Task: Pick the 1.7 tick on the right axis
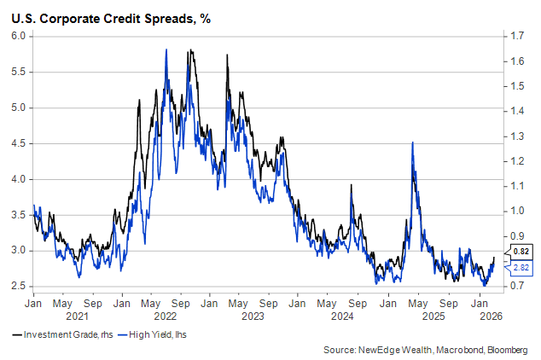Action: [514, 36]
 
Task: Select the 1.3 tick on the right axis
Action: [514, 136]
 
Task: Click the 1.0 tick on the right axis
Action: [514, 211]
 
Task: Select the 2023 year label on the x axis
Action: [253, 316]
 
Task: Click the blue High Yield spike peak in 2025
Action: [413, 142]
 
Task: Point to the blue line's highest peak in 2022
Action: [165, 49]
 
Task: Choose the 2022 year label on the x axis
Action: [166, 316]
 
